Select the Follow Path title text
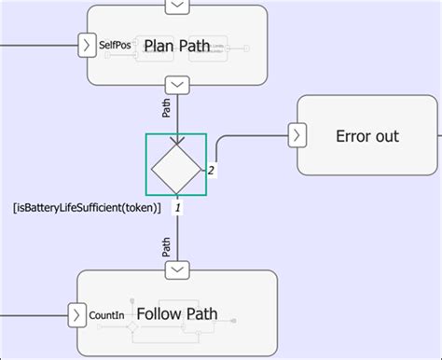click(x=177, y=313)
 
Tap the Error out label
click(x=366, y=136)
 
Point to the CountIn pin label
click(x=106, y=314)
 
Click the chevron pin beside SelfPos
click(x=85, y=45)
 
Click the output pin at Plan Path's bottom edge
click(x=176, y=84)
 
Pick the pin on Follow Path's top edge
click(x=176, y=270)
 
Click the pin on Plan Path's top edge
click(x=176, y=7)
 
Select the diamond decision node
click(x=176, y=165)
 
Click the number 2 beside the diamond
click(x=211, y=171)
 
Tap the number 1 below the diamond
click(x=178, y=208)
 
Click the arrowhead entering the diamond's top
click(x=176, y=141)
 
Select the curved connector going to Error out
click(x=219, y=145)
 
